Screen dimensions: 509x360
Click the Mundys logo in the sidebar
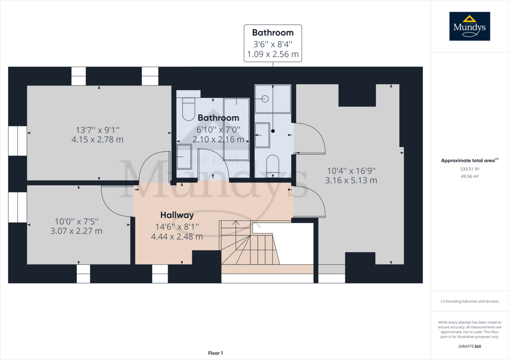tap(470, 26)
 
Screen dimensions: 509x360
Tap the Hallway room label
tap(177, 215)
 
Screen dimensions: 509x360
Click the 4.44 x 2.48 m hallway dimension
tap(177, 236)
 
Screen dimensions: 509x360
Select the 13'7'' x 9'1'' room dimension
tap(98, 130)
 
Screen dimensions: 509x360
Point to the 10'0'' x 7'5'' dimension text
tap(77, 221)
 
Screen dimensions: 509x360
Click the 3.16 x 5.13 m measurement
tap(351, 180)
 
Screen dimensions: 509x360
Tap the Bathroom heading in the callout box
tap(273, 33)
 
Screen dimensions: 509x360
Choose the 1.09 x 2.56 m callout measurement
tap(273, 54)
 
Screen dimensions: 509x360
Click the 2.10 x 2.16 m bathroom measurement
tap(218, 139)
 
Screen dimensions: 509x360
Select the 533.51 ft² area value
tap(470, 169)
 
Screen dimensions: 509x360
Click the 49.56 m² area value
tap(470, 176)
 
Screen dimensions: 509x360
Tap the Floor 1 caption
tap(215, 353)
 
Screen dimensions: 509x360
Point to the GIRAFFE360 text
tap(470, 346)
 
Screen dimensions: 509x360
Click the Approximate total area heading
tap(470, 160)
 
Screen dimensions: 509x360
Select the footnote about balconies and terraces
tap(470, 301)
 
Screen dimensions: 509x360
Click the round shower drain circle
tap(265, 98)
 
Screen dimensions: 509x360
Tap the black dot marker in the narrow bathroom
tap(273, 131)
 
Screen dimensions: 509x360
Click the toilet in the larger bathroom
tap(189, 109)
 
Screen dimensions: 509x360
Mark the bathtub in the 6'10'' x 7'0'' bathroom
tap(237, 129)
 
